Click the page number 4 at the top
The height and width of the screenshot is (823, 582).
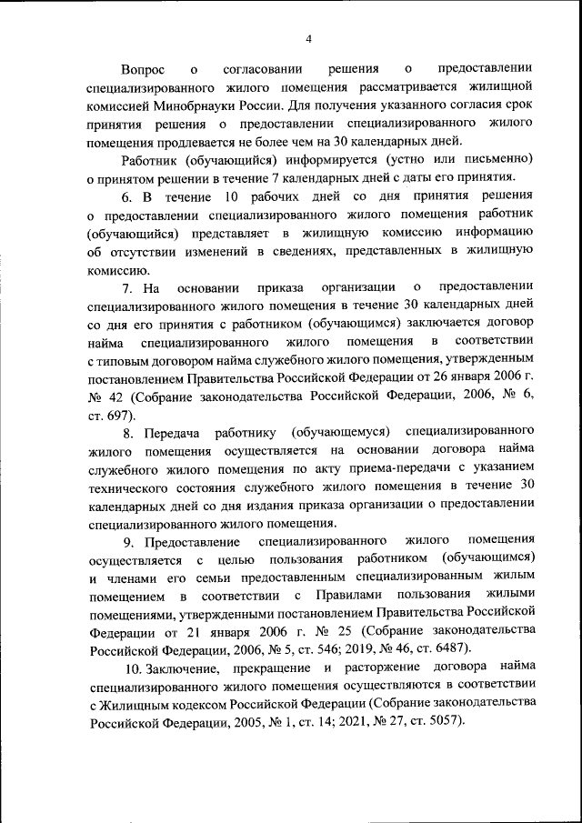click(308, 38)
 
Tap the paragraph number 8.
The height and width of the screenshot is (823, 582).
click(126, 431)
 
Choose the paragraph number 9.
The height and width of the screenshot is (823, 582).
click(126, 541)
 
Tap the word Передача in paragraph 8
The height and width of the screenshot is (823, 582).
click(173, 431)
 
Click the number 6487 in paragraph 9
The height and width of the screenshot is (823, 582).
click(450, 648)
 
